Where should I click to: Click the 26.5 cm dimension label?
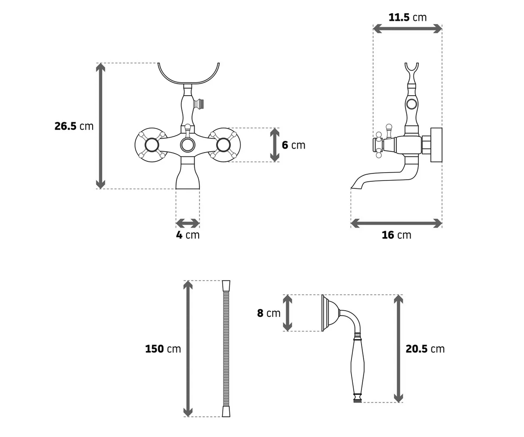click(74, 126)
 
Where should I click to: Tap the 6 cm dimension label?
click(293, 145)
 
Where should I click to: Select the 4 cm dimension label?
click(188, 235)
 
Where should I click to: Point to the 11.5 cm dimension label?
click(407, 17)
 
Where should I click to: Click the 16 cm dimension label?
click(396, 235)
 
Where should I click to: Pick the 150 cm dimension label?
click(163, 349)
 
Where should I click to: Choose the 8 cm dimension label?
click(269, 313)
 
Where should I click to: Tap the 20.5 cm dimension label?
click(425, 349)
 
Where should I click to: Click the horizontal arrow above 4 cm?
click(188, 223)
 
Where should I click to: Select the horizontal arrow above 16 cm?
click(396, 223)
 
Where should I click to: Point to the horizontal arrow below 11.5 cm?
click(407, 29)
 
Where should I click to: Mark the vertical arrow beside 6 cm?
click(275, 145)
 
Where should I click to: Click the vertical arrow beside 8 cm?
click(288, 313)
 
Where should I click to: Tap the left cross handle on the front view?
click(152, 145)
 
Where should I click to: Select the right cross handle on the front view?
click(223, 145)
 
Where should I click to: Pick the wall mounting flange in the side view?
click(436, 145)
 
